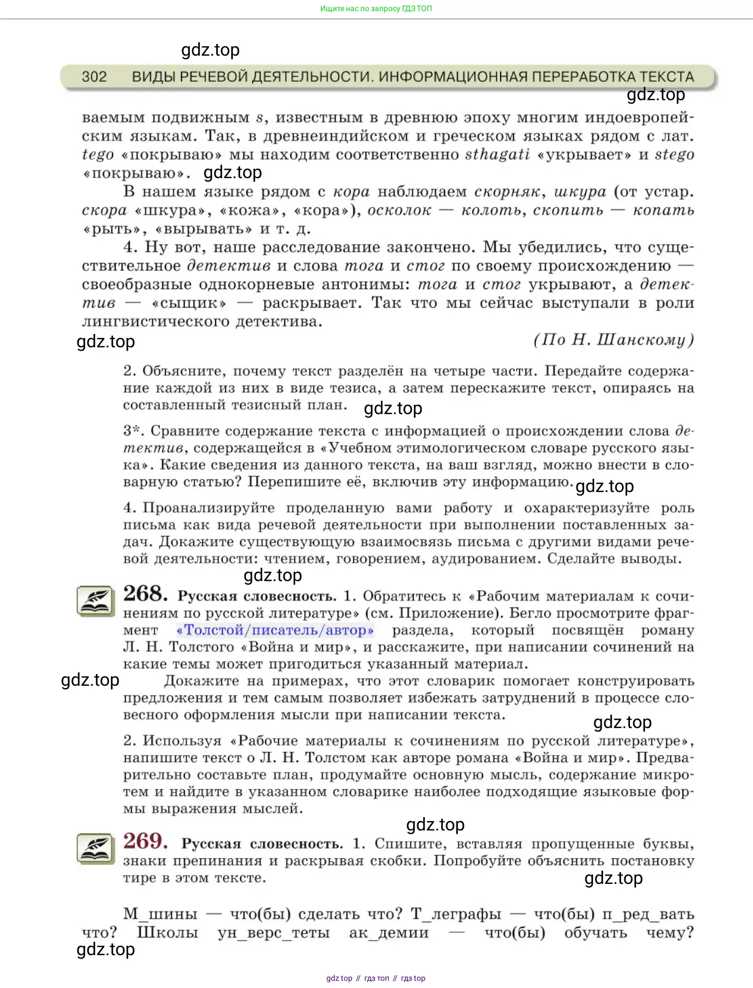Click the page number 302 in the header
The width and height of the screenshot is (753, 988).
coord(94,77)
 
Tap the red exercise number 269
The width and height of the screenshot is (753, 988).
coord(145,841)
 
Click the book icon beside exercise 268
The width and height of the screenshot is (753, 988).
coord(95,601)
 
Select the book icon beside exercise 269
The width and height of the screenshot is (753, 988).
coord(95,849)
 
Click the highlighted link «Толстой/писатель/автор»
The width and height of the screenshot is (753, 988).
coord(275,630)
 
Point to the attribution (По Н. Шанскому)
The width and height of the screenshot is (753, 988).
coord(613,340)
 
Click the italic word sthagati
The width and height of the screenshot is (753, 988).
coord(497,154)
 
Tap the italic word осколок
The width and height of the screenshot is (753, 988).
coord(399,210)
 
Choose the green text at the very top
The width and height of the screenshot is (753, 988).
coord(376,8)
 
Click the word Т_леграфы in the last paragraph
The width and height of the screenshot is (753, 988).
coord(456,914)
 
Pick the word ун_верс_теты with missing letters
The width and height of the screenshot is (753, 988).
coord(273,932)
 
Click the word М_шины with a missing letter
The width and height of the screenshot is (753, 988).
coord(160,914)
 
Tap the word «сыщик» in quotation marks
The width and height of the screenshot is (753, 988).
coord(189,303)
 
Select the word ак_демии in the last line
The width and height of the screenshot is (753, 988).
coord(389,932)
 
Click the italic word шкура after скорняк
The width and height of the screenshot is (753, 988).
coord(580,191)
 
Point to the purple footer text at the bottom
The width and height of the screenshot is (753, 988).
coord(376,978)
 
